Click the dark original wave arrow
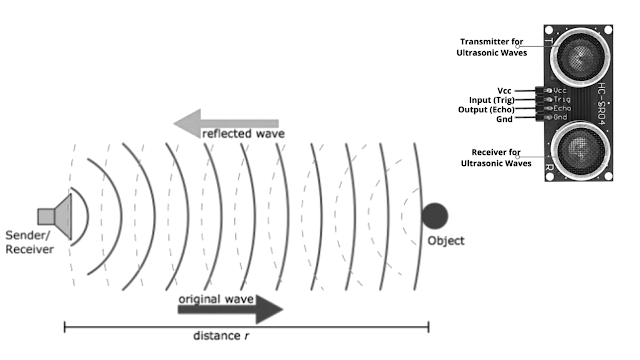(230, 309)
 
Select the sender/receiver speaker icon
(56, 214)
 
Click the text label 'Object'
(446, 241)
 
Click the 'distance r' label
(224, 335)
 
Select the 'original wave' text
(213, 299)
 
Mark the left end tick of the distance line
(65, 326)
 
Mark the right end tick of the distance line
(429, 326)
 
